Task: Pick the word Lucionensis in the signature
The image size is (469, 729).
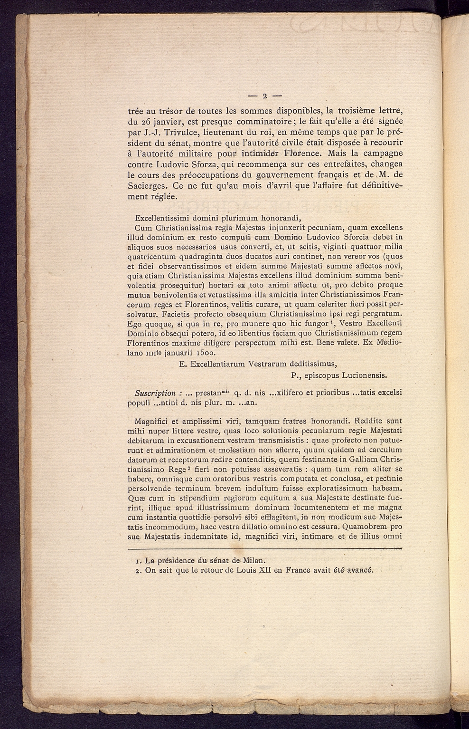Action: (x=365, y=375)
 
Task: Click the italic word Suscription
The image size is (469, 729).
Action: (x=155, y=393)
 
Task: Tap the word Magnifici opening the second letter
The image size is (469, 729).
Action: (x=151, y=421)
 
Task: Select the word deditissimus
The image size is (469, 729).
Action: (x=309, y=364)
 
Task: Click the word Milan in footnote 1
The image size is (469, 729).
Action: (x=255, y=560)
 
